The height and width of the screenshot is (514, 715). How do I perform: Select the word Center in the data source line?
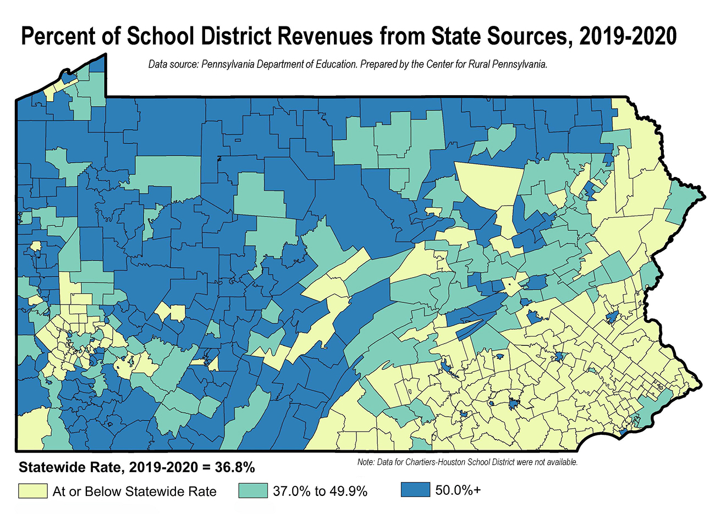[x=439, y=64]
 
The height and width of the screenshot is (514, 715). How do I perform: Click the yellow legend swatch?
[x=32, y=490]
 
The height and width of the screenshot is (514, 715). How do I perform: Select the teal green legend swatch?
[x=253, y=490]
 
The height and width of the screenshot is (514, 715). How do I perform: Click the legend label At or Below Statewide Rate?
[x=134, y=491]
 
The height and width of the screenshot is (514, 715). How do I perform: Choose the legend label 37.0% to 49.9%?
[x=320, y=491]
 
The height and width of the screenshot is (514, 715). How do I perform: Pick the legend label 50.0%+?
[x=458, y=490]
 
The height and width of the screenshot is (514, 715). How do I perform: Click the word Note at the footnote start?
[x=365, y=462]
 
